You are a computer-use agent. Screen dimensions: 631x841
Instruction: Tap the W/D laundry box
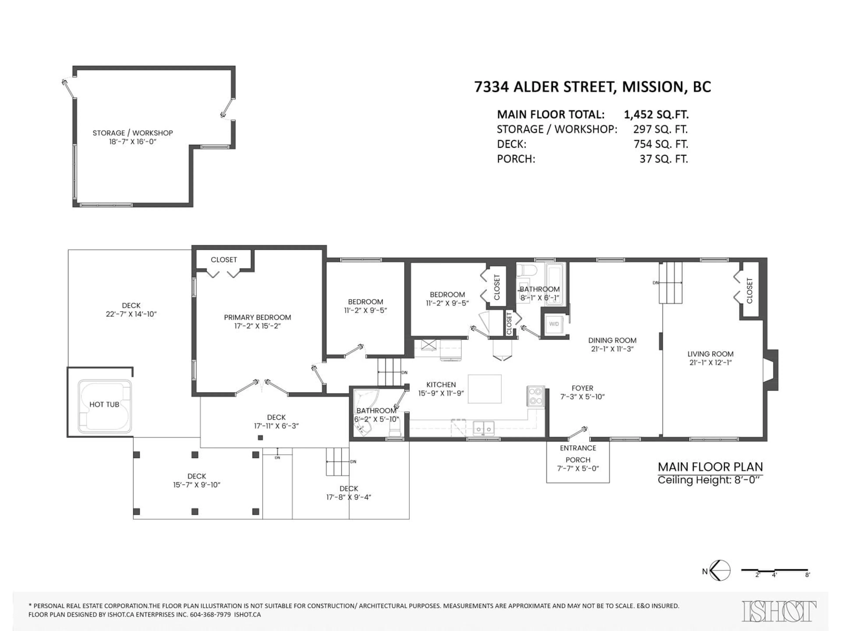(x=554, y=324)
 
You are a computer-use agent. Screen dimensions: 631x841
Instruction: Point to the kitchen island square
(x=484, y=389)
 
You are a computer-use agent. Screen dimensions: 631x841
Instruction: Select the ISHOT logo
(x=779, y=611)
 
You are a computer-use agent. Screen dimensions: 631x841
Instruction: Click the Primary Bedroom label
(x=257, y=317)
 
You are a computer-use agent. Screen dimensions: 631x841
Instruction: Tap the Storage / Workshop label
(x=133, y=133)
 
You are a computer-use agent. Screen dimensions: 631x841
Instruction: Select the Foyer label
(x=582, y=388)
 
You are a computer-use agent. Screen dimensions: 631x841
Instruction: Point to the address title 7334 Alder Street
(x=592, y=87)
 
